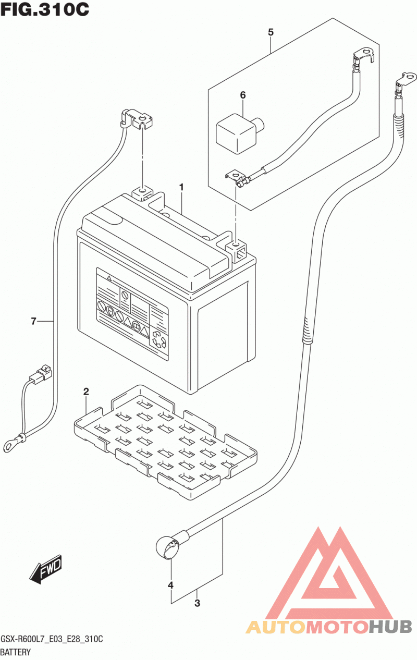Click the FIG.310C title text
point(45,9)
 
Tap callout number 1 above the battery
point(181,187)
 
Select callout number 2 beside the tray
point(86,392)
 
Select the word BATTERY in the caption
point(16,652)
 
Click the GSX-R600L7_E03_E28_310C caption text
point(52,639)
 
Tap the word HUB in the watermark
point(390,627)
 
